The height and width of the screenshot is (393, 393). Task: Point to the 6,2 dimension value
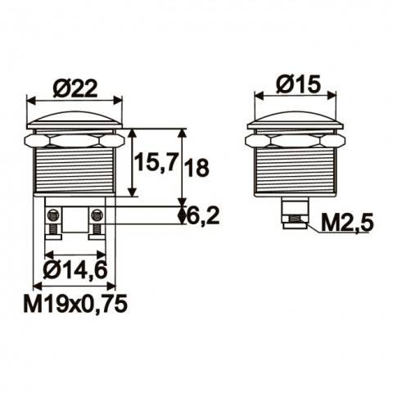[x=202, y=215]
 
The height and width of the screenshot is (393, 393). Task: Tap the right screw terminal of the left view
[x=96, y=219]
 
